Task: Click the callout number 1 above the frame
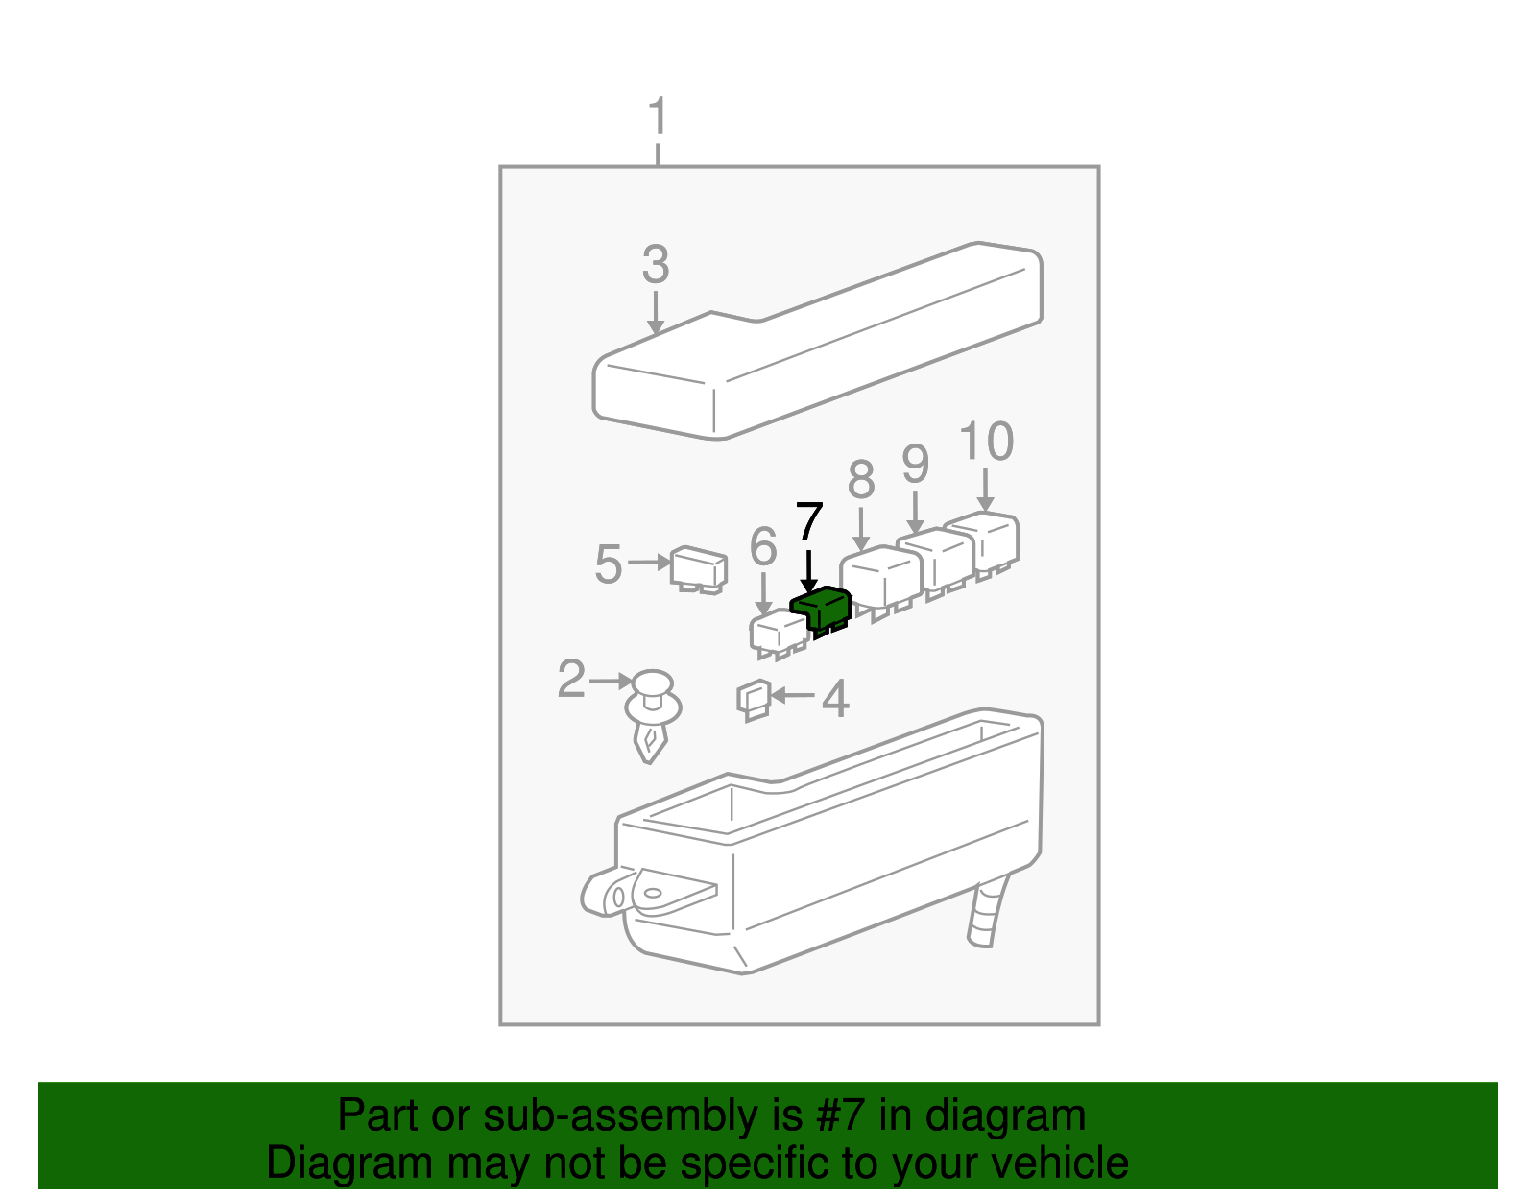658,118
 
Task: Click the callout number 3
656,265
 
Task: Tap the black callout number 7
809,523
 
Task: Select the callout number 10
986,443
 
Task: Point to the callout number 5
608,564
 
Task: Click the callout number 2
571,680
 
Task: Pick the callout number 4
835,699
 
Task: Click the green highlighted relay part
822,609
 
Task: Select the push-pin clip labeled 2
653,715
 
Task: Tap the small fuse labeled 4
754,699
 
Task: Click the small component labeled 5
699,567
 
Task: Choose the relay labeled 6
778,632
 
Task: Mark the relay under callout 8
880,575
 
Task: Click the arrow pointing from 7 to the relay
809,571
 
